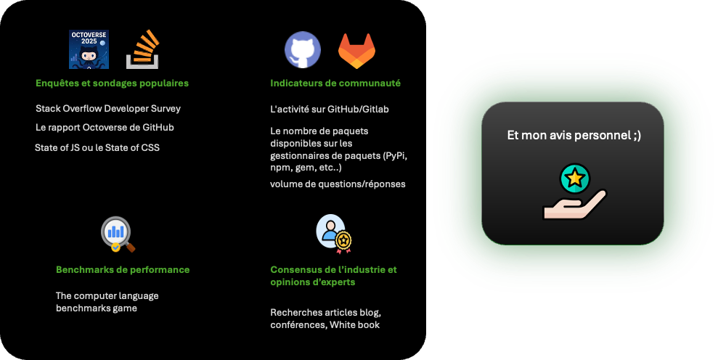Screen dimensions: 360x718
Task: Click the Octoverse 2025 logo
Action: coord(89,49)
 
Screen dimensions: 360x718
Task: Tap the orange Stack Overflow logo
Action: coord(143,49)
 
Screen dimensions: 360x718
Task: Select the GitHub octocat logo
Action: coord(302,50)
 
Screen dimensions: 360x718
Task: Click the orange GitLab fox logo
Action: coord(356,52)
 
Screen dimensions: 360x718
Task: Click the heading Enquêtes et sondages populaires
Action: coord(112,83)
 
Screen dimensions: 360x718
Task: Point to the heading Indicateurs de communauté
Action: coord(335,83)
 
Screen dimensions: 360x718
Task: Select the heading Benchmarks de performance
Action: coord(123,270)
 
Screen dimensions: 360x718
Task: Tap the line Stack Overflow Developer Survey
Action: coord(108,109)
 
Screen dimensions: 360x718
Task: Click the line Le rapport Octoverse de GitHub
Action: coord(105,128)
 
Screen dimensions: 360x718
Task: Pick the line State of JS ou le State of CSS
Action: coord(97,148)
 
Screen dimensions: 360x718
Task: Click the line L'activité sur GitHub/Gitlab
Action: coord(335,110)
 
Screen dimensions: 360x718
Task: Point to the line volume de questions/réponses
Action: coord(338,184)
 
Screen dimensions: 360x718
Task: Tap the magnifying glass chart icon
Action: coord(118,234)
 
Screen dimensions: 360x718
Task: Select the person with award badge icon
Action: coord(334,233)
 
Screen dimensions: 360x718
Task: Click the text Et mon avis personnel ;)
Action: coord(574,136)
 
